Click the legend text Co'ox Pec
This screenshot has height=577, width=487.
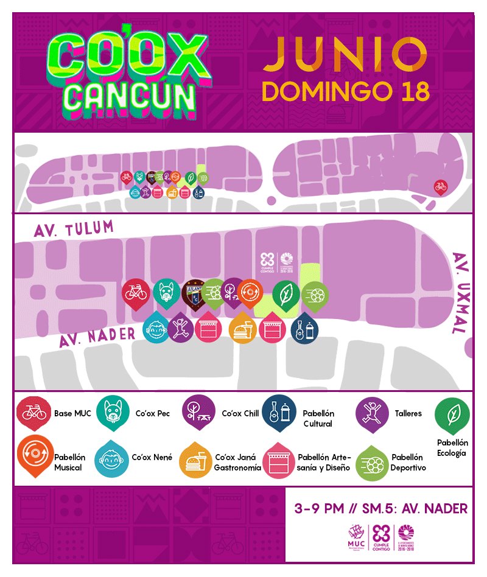pos(152,414)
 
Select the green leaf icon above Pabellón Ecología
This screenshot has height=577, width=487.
pos(451,416)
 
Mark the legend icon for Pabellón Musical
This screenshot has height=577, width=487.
pos(33,456)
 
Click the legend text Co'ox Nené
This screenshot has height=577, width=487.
pos(152,457)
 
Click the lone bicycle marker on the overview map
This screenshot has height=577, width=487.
pos(440,186)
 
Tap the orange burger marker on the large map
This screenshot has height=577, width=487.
pos(243,330)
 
